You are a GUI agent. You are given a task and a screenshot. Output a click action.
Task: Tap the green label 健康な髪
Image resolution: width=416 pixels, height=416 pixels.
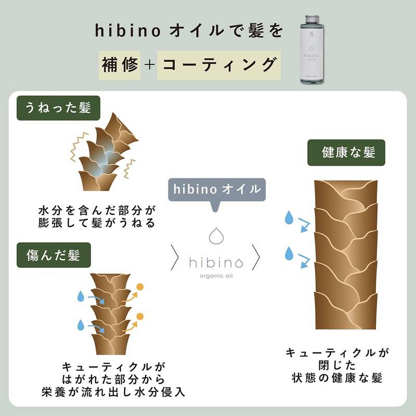click(x=346, y=153)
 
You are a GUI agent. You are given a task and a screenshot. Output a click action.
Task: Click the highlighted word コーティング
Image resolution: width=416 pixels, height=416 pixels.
click(x=219, y=65)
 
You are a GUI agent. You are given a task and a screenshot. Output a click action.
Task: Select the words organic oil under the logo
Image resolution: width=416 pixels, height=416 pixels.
click(x=216, y=276)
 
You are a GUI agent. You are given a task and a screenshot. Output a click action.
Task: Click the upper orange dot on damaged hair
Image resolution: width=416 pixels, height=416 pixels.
click(x=139, y=287)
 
